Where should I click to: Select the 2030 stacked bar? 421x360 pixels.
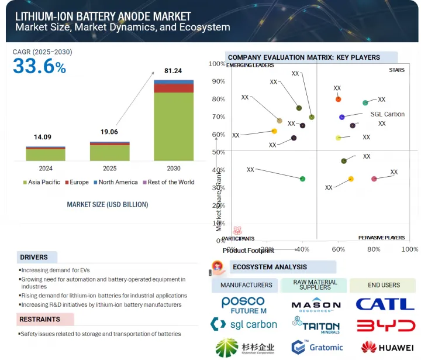pos(174,120)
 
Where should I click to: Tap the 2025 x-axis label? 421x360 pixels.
pos(109,168)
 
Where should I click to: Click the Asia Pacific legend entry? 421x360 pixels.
pos(40,182)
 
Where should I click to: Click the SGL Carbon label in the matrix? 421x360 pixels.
pos(387,114)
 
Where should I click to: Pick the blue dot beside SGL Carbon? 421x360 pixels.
pos(342,117)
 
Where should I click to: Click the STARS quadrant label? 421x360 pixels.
pos(396,70)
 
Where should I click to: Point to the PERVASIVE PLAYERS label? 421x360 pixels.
pos(381,238)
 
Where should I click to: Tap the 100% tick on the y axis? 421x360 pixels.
pos(217,64)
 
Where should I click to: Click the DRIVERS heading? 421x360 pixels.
pos(34,257)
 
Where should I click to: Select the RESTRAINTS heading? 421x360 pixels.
pos(40,320)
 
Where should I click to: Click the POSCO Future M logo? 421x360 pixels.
pos(243,304)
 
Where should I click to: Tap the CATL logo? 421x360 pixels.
pos(385,304)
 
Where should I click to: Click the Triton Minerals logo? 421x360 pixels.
pos(315,325)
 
